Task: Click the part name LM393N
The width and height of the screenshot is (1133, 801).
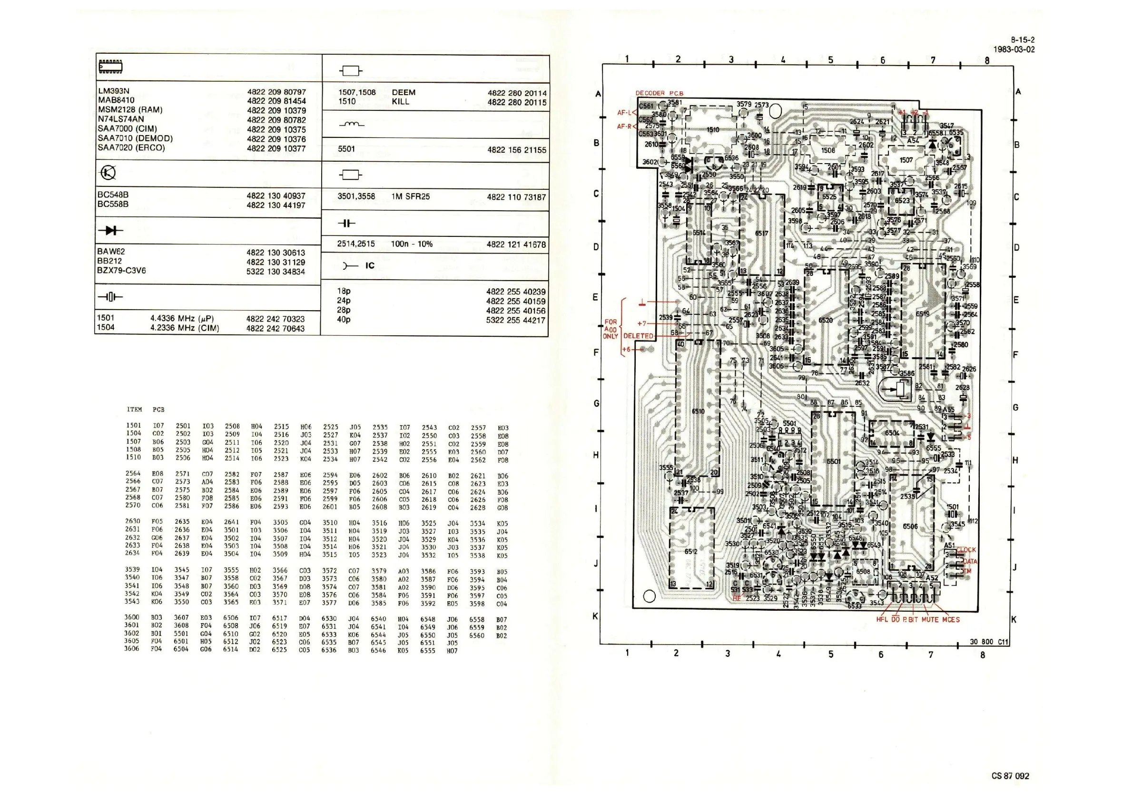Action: tap(114, 91)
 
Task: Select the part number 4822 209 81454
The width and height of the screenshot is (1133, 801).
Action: tap(276, 101)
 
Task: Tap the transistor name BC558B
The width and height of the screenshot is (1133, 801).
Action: tap(113, 204)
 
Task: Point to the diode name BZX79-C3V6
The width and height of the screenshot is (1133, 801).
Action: tap(121, 270)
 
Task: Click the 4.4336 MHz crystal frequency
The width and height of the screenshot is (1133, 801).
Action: tap(182, 318)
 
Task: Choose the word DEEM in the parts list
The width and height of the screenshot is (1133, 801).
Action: tap(404, 93)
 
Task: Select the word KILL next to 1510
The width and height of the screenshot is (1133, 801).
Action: tap(400, 102)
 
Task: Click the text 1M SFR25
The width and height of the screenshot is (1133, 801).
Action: tap(411, 196)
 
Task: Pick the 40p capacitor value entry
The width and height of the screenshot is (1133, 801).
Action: tap(344, 319)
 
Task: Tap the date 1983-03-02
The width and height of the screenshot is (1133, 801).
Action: tap(1014, 49)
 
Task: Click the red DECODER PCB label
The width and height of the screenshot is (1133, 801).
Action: tap(659, 93)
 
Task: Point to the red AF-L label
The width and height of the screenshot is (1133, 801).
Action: tap(624, 113)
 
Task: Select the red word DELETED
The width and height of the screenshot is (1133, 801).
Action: tap(638, 336)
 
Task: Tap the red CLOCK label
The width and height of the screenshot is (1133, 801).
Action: tap(966, 550)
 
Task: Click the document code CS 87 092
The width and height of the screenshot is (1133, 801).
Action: tap(1010, 776)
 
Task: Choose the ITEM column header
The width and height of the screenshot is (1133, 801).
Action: tap(134, 410)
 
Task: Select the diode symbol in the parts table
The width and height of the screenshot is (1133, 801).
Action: tap(111, 230)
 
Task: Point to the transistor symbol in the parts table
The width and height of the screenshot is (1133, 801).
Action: tap(108, 173)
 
